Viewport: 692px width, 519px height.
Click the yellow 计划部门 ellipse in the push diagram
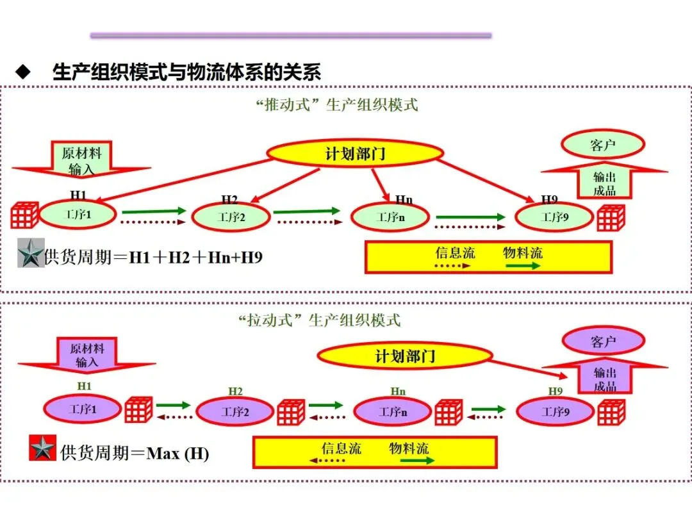pos(354,153)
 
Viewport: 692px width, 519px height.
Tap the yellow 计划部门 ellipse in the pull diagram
pos(404,356)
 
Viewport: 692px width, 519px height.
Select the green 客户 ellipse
pos(602,145)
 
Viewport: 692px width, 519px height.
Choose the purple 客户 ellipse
pos(603,341)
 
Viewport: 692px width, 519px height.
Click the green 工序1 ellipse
pos(78,215)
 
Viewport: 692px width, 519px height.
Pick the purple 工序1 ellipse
pos(82,409)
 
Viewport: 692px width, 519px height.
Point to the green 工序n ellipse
pos(390,217)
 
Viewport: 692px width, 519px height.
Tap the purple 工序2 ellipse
pos(235,411)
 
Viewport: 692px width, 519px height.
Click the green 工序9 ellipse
pos(554,217)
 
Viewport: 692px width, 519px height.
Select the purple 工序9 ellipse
pos(555,411)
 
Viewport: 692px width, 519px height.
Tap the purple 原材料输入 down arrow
pos(86,355)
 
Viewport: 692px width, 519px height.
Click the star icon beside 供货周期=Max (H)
pos(43,449)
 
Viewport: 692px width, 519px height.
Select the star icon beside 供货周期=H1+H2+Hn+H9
pos(31,253)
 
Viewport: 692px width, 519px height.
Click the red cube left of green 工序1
pos(24,215)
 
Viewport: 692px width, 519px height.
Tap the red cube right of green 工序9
pos(611,218)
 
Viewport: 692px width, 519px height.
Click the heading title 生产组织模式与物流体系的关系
pos(186,72)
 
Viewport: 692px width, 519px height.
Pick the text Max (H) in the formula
pos(178,454)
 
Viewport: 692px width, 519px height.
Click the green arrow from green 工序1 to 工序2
pos(154,211)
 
